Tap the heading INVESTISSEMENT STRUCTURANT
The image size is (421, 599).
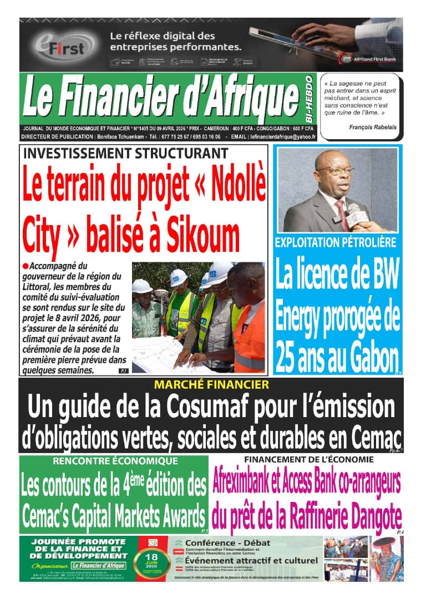125,153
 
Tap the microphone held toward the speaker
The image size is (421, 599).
356,214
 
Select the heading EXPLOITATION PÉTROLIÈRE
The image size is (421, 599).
336,242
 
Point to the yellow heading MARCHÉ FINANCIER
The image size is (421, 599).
211,384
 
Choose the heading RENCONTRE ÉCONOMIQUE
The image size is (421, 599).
115,461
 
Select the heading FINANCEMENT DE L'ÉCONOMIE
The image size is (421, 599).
308,459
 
